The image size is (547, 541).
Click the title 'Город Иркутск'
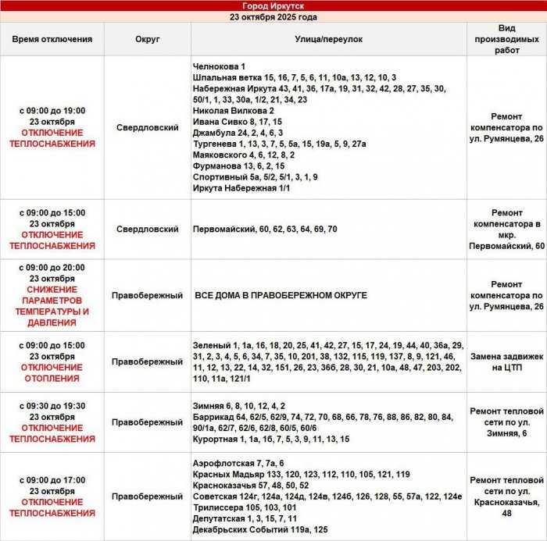[273, 5]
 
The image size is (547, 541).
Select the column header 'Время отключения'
[52, 38]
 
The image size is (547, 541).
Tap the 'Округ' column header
[147, 38]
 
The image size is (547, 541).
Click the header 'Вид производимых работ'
[506, 38]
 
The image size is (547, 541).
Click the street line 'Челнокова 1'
[220, 66]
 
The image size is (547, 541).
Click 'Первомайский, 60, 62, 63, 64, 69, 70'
[265, 230]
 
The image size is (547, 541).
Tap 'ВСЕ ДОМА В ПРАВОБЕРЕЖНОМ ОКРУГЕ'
[281, 296]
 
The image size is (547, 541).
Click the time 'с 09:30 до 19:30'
[52, 406]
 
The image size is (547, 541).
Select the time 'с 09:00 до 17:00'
[52, 480]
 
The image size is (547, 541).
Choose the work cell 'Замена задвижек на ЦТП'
[506, 361]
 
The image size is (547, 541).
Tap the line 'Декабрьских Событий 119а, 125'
[260, 529]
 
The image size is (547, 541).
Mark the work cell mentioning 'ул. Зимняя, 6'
[506, 422]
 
